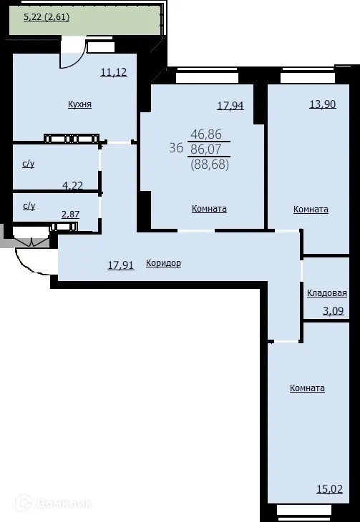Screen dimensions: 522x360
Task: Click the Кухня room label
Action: coord(79,104)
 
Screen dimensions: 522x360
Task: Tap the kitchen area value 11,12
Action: coord(114,72)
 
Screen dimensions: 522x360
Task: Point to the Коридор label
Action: coord(163,263)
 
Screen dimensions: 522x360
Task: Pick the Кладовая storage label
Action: coord(327,293)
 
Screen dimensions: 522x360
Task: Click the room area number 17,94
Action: coord(230,106)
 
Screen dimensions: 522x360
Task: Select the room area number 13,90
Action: coord(322,104)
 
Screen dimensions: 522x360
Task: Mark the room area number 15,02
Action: coord(329,490)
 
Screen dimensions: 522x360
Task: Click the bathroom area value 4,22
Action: coord(72,186)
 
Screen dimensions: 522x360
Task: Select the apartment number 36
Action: coord(175,149)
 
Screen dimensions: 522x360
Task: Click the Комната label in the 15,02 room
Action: coord(307,388)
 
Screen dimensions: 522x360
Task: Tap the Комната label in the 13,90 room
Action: coord(311,210)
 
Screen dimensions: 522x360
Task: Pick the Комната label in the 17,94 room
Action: coord(209,209)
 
